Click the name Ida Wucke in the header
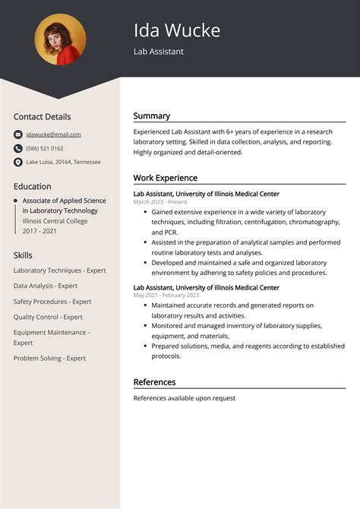click(x=177, y=30)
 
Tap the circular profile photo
click(x=60, y=40)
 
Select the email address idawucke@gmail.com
click(x=53, y=134)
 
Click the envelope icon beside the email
click(x=18, y=134)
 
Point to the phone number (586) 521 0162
click(x=45, y=148)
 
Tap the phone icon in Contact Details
click(x=18, y=148)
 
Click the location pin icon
click(x=18, y=162)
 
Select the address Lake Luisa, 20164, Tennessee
click(x=63, y=162)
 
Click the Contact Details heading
click(x=42, y=117)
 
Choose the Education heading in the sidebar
click(x=33, y=186)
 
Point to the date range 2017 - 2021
click(x=40, y=230)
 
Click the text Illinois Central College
click(x=55, y=220)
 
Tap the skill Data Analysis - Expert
click(x=46, y=286)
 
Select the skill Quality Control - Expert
click(x=48, y=317)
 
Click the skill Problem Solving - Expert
click(x=49, y=358)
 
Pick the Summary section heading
click(x=152, y=116)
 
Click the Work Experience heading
click(x=166, y=178)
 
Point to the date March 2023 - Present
click(x=160, y=202)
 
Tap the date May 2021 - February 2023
click(x=166, y=295)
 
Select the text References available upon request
click(x=185, y=398)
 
